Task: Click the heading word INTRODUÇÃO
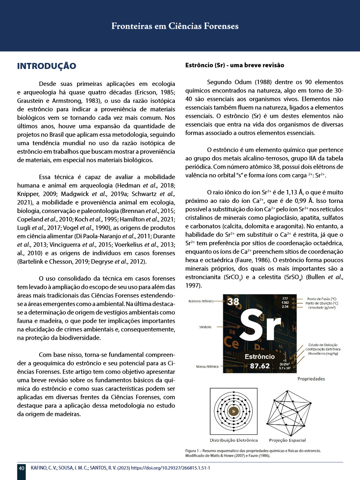pos(46,66)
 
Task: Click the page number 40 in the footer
pos(21,468)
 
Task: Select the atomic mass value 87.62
pos(260,366)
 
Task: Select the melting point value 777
pos(285,298)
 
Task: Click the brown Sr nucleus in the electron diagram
pos(233,411)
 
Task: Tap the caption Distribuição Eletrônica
pos(233,440)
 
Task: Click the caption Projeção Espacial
pos(288,440)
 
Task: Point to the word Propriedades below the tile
pos(311,379)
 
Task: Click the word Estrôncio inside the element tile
pos(260,357)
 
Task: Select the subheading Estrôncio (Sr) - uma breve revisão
pos(234,65)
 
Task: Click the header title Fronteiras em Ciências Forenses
pos(175,26)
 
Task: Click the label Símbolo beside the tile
pos(205,327)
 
